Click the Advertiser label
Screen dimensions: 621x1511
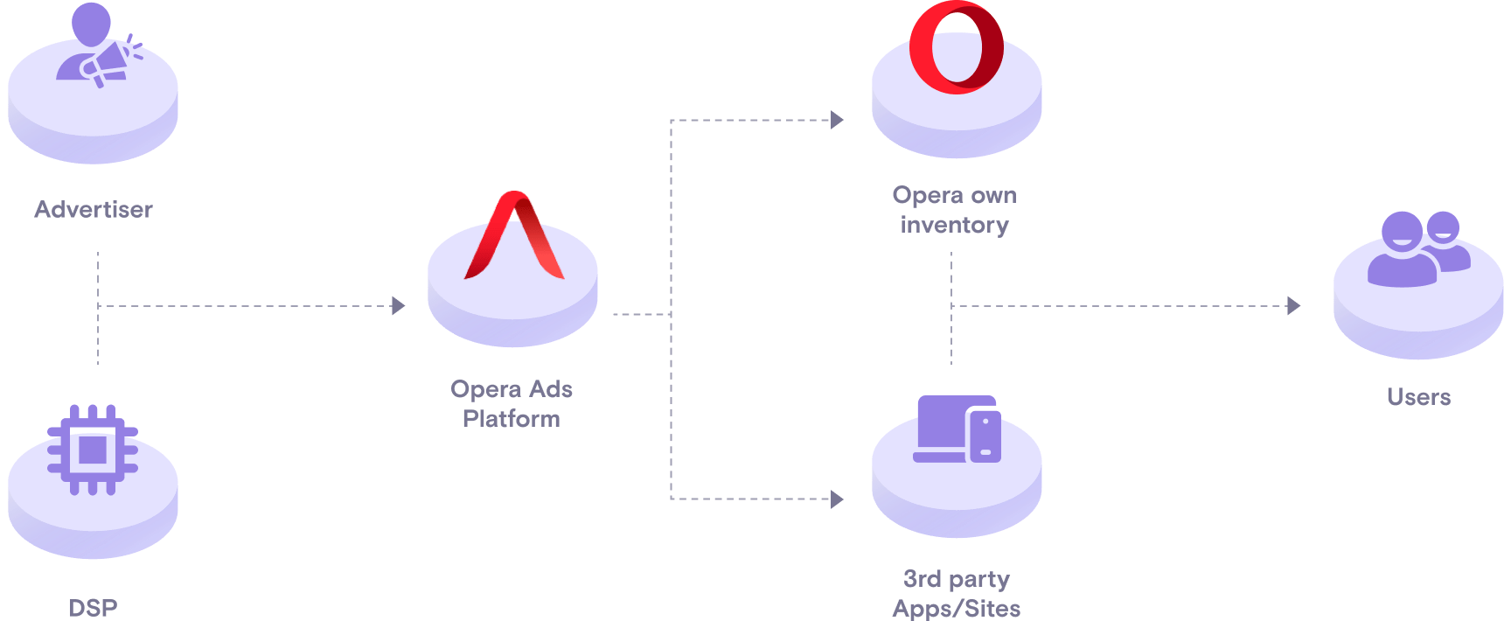(x=93, y=210)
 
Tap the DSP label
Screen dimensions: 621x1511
(x=93, y=607)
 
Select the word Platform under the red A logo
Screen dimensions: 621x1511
(x=511, y=419)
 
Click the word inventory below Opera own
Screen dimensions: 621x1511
(x=954, y=225)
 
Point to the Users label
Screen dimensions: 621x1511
(x=1418, y=397)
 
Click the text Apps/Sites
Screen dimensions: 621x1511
(x=956, y=608)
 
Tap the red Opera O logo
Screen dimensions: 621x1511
(x=956, y=47)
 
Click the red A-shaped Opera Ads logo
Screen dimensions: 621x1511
(x=514, y=236)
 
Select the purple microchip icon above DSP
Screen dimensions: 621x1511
(x=93, y=450)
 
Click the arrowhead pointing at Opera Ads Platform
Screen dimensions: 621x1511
(x=399, y=305)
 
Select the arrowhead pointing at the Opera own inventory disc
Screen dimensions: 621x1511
(x=837, y=120)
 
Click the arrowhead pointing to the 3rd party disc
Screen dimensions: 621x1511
(x=837, y=499)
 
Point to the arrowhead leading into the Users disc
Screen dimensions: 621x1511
(x=1294, y=305)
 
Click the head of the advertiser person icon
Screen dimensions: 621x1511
(x=92, y=22)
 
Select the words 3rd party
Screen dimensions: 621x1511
(x=956, y=579)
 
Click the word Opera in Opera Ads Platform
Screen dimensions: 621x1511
(x=485, y=389)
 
